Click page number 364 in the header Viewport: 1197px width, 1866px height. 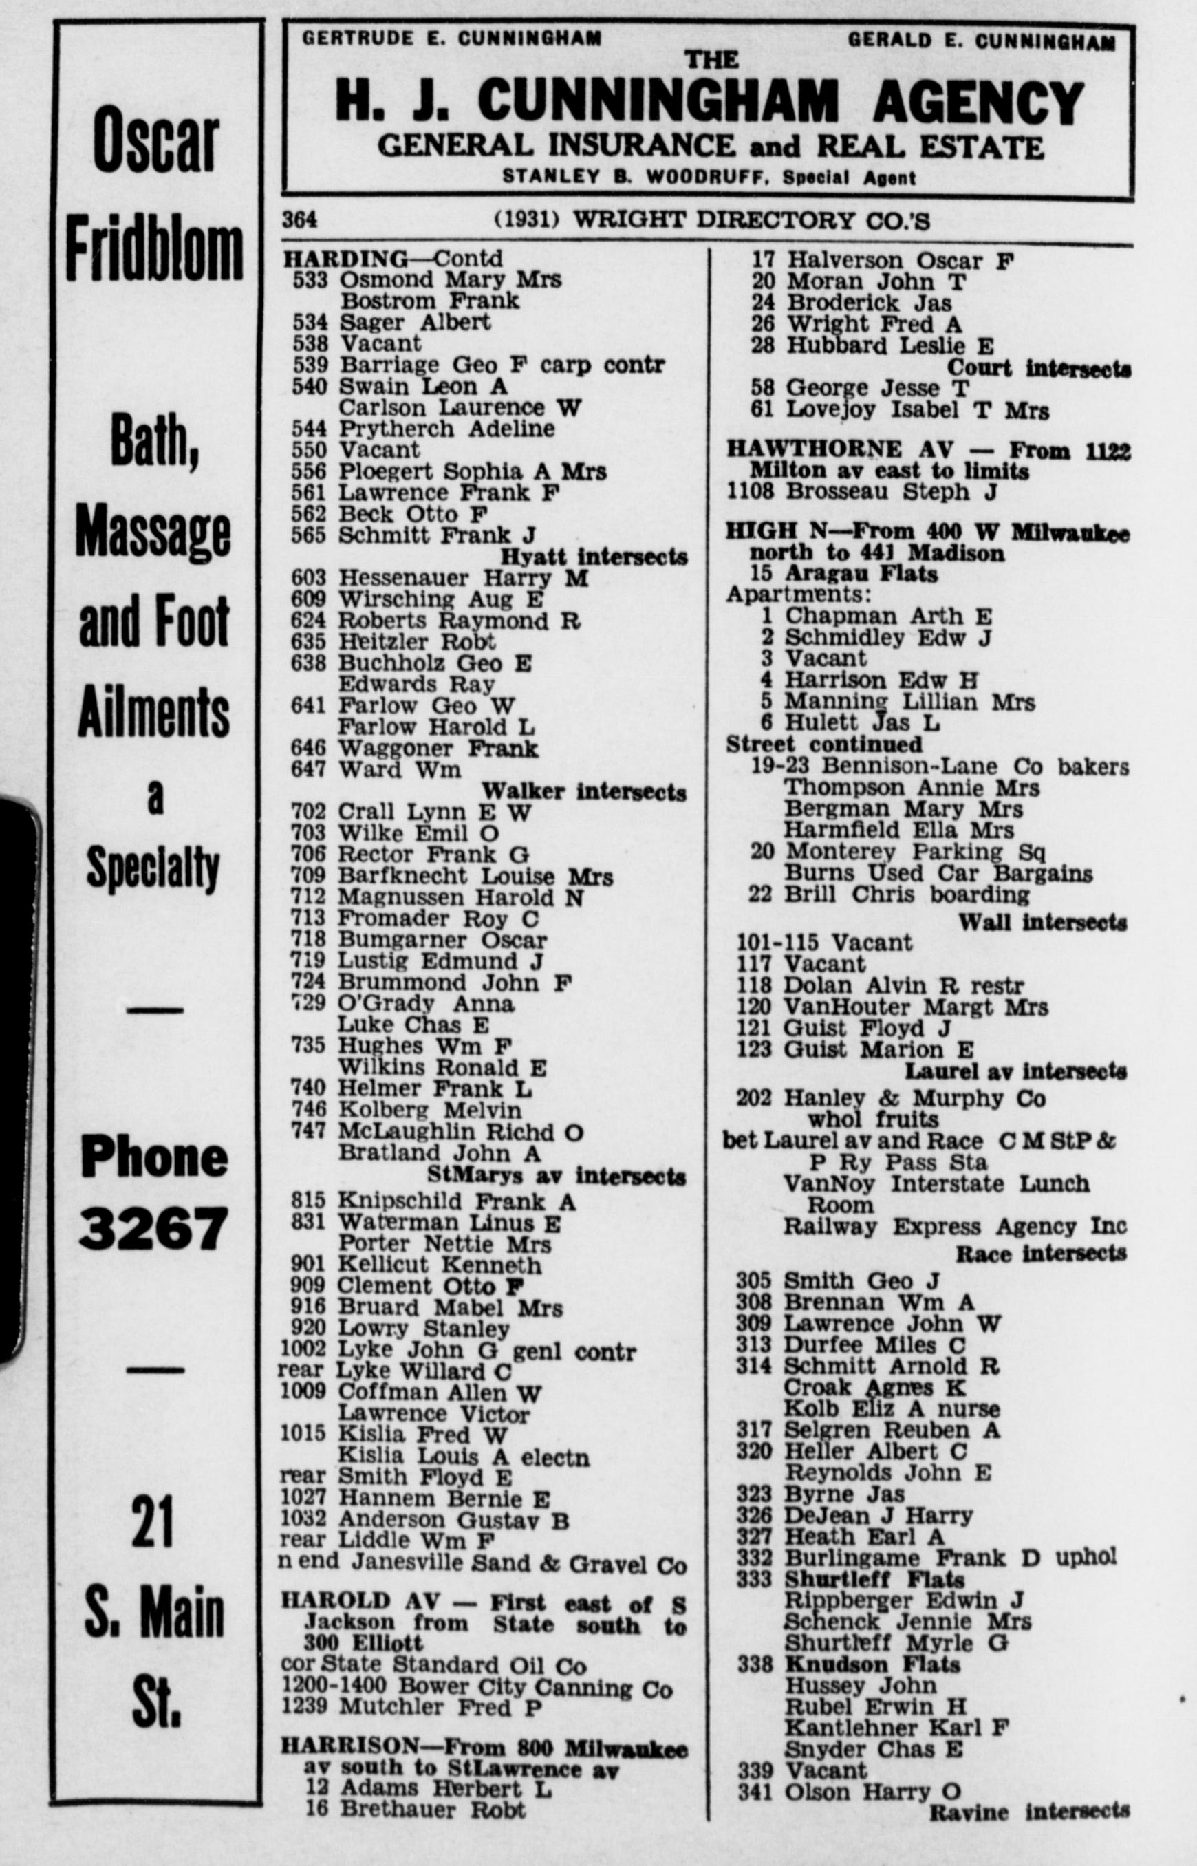(299, 220)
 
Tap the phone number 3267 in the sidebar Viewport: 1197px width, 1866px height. (154, 1228)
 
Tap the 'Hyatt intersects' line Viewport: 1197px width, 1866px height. (594, 557)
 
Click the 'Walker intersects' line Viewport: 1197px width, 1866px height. (584, 792)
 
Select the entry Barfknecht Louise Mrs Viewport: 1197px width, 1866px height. (475, 877)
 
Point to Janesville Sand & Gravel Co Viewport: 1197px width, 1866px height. (519, 1563)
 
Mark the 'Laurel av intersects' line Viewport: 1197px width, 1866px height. (1015, 1072)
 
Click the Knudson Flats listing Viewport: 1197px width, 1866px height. (872, 1664)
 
